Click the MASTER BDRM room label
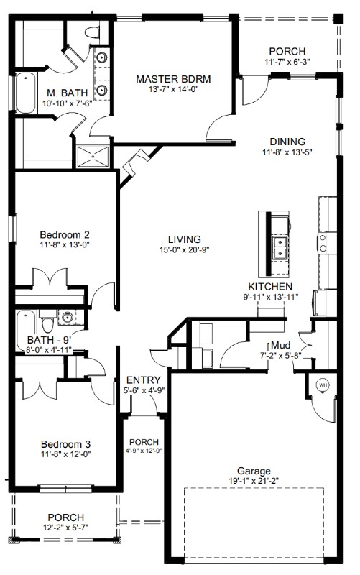[173, 79]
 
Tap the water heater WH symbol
[323, 385]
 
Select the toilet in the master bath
[92, 32]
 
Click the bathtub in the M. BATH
[25, 93]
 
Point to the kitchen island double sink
[280, 247]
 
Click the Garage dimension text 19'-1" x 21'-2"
[254, 481]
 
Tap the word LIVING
[185, 239]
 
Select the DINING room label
[287, 142]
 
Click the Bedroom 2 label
[65, 234]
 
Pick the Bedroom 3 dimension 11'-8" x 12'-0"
[65, 454]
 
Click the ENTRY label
[143, 380]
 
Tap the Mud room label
[281, 345]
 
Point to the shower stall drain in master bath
[93, 157]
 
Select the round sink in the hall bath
[67, 317]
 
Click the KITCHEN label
[270, 287]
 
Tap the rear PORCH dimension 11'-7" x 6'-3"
[287, 62]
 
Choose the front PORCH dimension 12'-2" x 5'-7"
[65, 528]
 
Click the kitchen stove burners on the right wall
[323, 243]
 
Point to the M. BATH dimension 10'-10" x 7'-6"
[67, 103]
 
